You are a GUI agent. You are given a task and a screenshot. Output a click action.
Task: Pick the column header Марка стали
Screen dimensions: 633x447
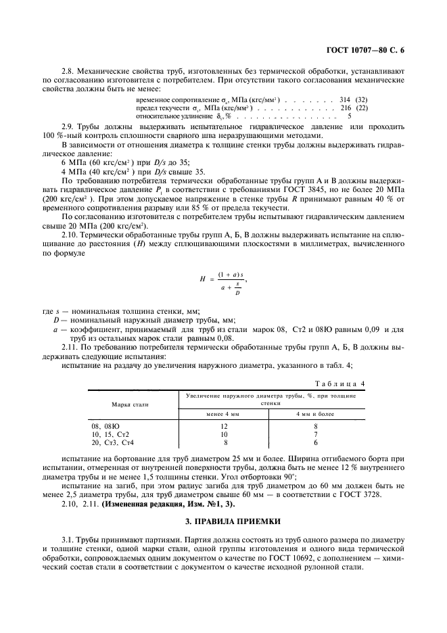tap(131, 404)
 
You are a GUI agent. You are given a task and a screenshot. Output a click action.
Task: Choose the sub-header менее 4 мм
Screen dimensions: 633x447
tap(222, 413)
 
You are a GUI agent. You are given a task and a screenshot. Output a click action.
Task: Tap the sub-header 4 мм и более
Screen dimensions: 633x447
tap(315, 413)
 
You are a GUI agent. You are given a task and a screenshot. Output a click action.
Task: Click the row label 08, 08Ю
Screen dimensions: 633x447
tap(106, 426)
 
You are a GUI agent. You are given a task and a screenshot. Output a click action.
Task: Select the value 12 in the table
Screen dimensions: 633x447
tap(224, 426)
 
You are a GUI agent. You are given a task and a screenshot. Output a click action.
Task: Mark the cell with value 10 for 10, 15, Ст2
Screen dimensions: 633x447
tap(224, 434)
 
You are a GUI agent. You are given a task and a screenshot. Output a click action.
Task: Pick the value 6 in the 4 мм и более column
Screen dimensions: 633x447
tap(315, 442)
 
